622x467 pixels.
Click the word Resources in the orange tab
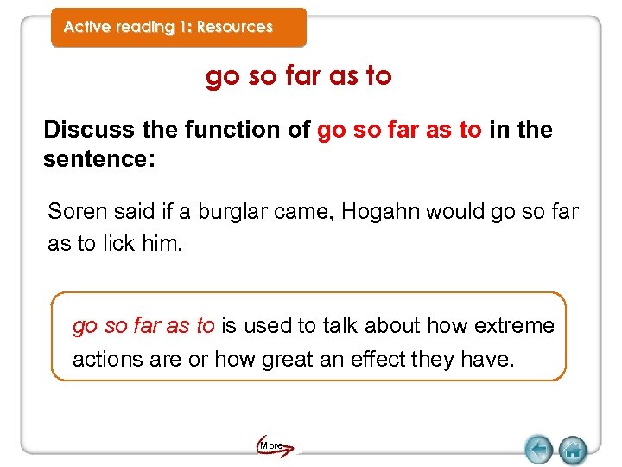[x=234, y=27]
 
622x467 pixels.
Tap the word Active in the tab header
[x=86, y=27]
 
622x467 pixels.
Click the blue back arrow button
[x=539, y=450]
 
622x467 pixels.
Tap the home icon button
[x=572, y=450]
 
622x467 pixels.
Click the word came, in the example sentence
[x=307, y=212]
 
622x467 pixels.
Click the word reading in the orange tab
[x=145, y=27]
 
